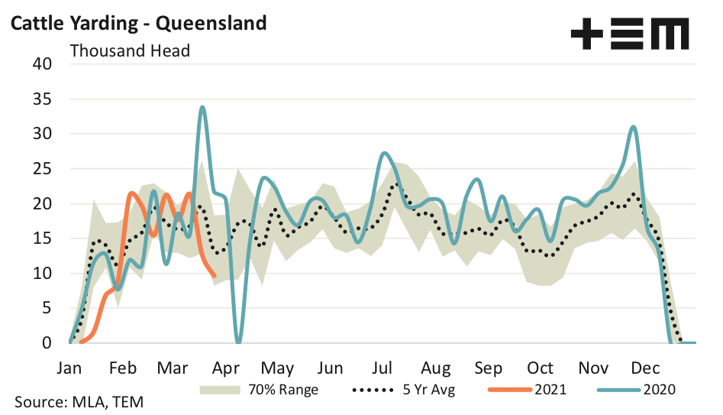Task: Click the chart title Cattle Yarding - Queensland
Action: pos(137,23)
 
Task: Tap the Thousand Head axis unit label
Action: pos(130,51)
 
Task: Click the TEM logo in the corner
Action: pos(629,34)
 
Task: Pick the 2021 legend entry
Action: pos(527,389)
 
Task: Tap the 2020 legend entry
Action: pos(637,389)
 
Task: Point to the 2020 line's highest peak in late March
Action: pos(202,107)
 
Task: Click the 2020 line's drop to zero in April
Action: pos(239,342)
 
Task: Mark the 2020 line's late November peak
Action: pos(633,127)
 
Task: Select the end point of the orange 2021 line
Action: pos(215,275)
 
